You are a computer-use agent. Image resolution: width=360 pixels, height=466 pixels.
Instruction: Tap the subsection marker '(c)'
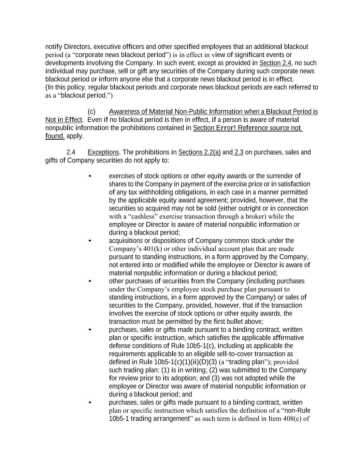pos(91,112)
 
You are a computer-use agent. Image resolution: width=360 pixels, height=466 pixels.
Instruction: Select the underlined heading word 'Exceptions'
pos(103,152)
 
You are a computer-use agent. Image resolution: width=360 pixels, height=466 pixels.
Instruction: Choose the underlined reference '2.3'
pos(239,152)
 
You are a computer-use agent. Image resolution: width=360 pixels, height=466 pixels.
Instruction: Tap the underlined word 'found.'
pos(55,136)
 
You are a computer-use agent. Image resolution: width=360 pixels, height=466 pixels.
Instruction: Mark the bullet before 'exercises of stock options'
pos(90,176)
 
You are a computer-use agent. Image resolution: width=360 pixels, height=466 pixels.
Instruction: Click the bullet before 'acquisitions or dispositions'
pos(90,241)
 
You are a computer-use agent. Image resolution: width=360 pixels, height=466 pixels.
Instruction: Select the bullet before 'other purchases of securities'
pos(90,281)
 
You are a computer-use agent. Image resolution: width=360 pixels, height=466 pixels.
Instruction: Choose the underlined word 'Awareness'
pos(124,112)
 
